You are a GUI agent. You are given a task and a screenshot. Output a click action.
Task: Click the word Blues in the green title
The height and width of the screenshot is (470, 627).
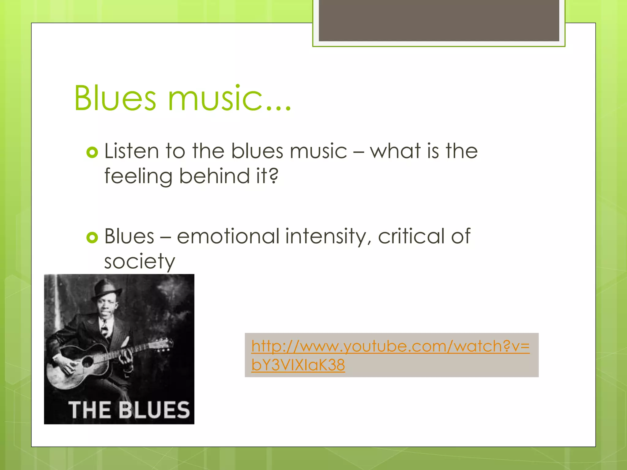click(x=115, y=99)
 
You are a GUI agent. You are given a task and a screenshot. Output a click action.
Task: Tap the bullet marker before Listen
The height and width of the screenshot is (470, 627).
click(x=92, y=152)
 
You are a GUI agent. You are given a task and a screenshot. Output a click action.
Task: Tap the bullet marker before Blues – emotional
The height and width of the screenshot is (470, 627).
click(x=92, y=237)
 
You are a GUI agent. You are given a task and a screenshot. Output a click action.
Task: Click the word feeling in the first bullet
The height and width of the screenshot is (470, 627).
click(x=138, y=177)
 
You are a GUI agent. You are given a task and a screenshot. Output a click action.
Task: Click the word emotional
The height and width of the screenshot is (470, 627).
click(x=228, y=236)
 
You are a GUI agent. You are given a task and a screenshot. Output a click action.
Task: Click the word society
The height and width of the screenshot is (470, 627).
click(x=139, y=262)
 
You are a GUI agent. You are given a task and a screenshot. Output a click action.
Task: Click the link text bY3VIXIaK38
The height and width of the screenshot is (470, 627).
click(x=298, y=365)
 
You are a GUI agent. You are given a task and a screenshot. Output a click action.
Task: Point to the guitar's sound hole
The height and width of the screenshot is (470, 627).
click(x=88, y=362)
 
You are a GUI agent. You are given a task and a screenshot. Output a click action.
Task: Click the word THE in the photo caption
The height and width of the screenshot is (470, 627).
click(x=89, y=410)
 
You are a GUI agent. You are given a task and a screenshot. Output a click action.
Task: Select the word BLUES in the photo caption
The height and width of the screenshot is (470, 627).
click(x=154, y=410)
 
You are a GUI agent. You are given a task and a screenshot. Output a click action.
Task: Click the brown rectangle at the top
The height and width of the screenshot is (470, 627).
click(x=439, y=20)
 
